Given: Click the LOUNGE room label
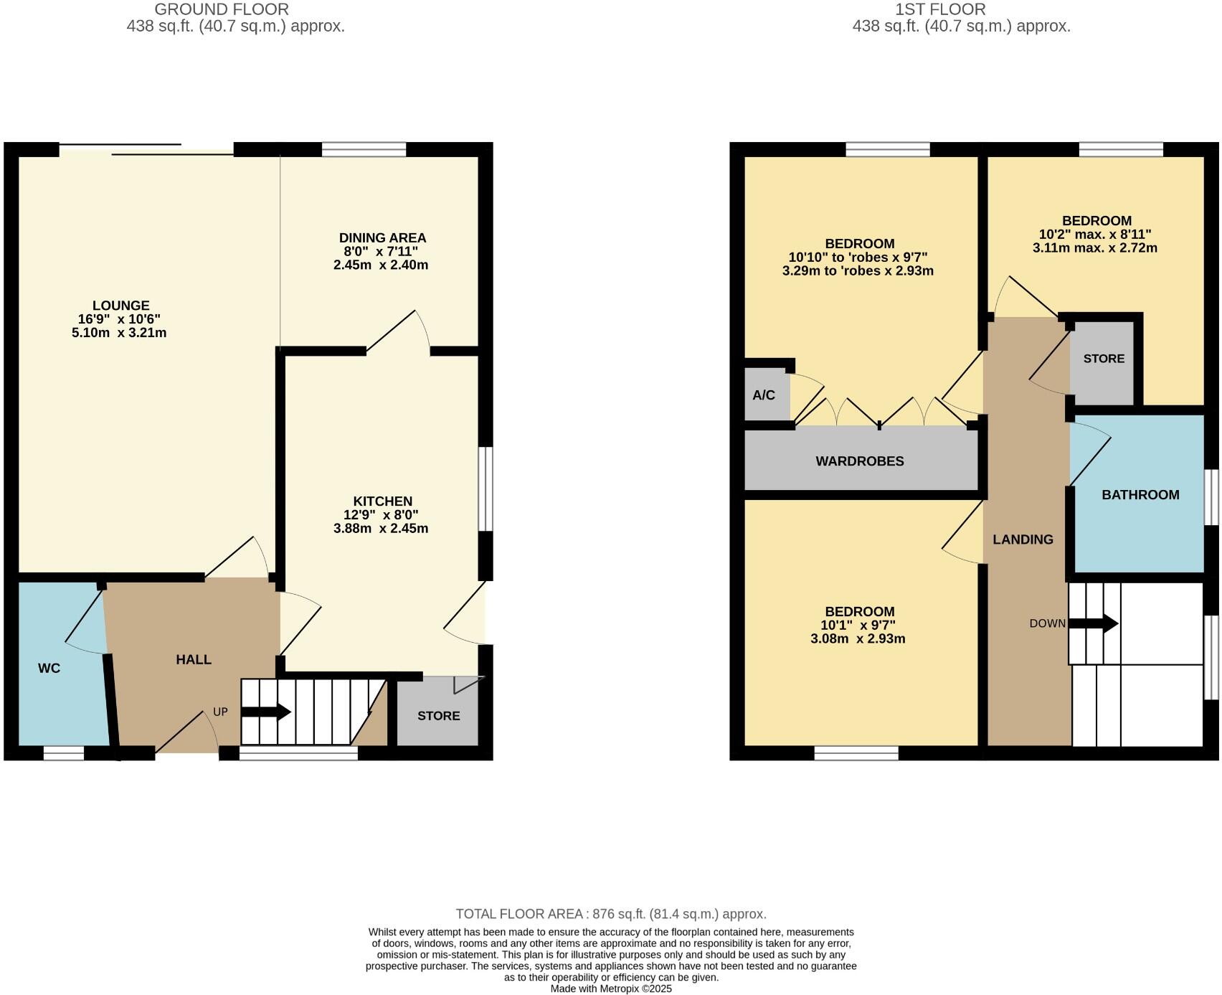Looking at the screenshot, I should point(120,306).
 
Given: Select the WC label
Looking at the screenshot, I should point(49,669).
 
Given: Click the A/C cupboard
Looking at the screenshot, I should point(764,395).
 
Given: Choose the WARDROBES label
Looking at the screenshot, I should point(859,461).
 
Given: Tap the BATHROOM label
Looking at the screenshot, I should point(1140,495).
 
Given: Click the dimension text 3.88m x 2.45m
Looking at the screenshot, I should point(381,529).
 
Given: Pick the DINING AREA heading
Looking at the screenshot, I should point(382,238).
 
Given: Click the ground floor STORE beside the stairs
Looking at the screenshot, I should point(438,716).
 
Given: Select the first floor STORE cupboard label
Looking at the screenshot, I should point(1103,359).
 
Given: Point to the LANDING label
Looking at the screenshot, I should point(1022,539).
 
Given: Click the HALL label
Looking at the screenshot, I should point(194,659).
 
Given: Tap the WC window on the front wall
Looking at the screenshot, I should point(64,753).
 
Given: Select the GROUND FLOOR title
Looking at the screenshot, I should point(222,10).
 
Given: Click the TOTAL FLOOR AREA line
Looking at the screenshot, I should point(611,914).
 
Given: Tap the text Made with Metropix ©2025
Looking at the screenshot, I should point(611,989).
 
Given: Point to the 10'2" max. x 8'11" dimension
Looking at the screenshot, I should point(1095,235).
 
